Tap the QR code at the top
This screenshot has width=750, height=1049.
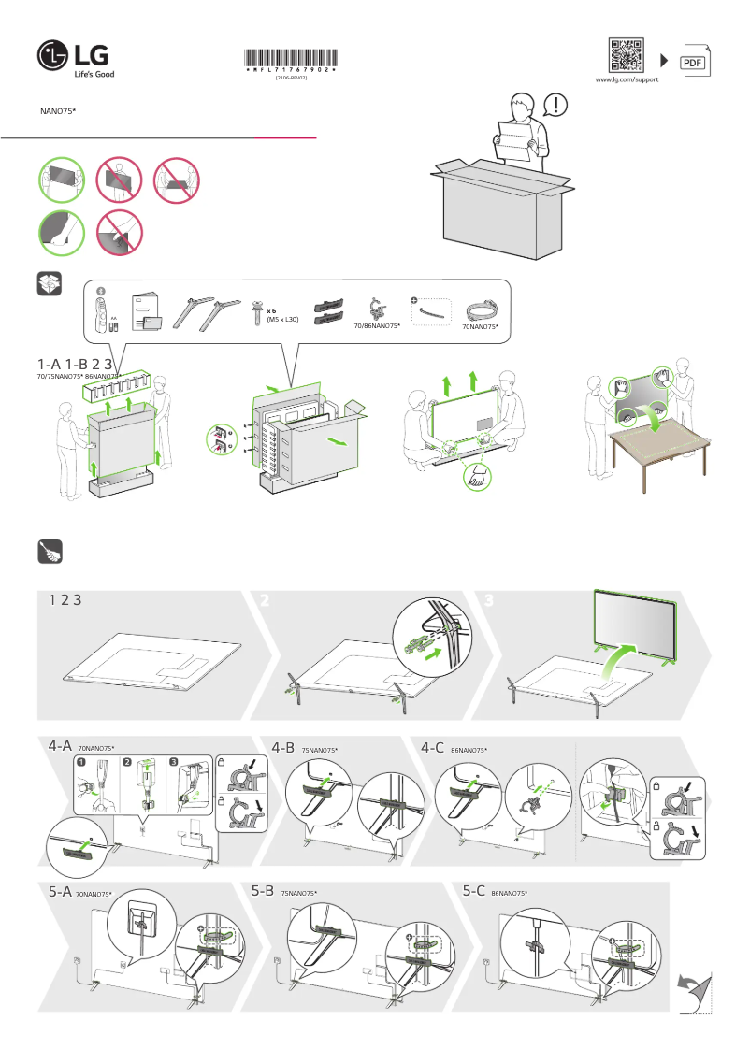coord(626,55)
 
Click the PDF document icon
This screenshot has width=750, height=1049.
coord(693,61)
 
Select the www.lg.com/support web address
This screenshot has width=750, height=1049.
coord(627,80)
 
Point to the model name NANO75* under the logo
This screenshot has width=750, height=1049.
coord(58,110)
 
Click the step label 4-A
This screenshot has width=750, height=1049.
coord(60,747)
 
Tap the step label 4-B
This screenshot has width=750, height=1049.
coord(283,747)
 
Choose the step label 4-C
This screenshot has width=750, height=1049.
coord(432,747)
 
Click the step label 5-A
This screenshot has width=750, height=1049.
coord(60,892)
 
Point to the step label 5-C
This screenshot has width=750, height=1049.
coord(474,892)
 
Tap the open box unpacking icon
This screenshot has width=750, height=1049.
coord(50,283)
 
